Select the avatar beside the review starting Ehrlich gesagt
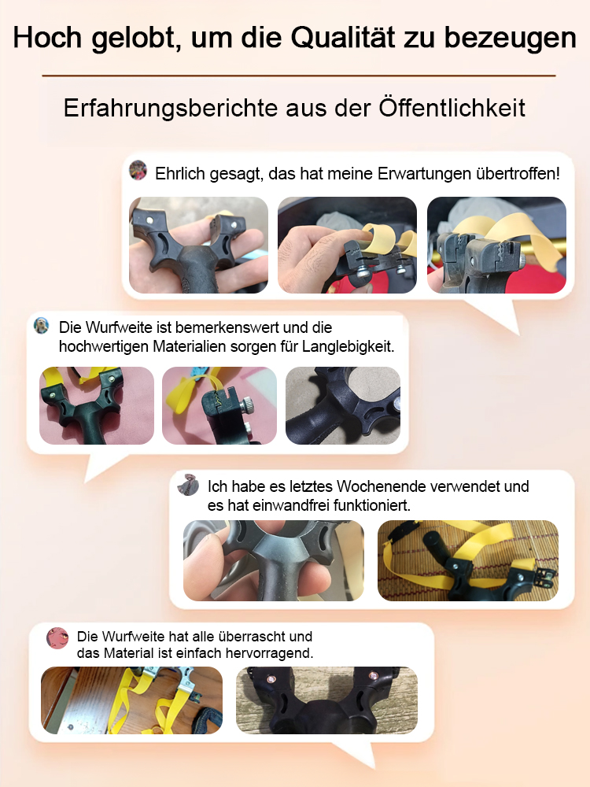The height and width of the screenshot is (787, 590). [138, 171]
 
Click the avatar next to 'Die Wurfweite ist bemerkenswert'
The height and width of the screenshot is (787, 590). [42, 326]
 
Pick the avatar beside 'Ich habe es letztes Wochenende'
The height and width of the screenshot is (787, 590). [189, 485]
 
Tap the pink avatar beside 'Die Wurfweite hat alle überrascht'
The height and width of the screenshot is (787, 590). [57, 637]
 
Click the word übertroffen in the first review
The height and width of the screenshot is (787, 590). [517, 172]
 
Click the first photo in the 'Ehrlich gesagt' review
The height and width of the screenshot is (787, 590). [198, 245]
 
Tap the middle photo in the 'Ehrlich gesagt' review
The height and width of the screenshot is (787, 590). [347, 245]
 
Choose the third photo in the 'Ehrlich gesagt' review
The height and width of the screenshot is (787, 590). [496, 245]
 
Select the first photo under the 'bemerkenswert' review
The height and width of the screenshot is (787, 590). [97, 405]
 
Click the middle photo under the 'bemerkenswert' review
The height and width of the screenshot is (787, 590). [219, 405]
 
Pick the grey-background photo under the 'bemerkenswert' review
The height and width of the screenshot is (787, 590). [343, 405]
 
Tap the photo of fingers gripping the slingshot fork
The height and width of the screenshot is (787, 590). [274, 560]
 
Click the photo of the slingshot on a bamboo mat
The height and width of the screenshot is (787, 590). [468, 560]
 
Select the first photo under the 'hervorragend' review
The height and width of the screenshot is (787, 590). [131, 700]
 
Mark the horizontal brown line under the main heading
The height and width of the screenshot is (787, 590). [298, 76]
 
